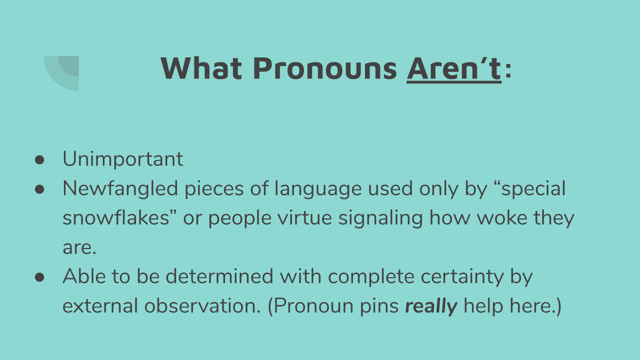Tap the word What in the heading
click(201, 68)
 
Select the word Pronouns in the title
click(325, 68)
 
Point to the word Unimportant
click(123, 159)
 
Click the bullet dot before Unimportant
click(39, 160)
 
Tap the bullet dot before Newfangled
click(39, 189)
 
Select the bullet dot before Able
click(39, 277)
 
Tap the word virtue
click(305, 217)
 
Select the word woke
click(502, 217)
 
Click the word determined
click(219, 276)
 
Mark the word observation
click(202, 305)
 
